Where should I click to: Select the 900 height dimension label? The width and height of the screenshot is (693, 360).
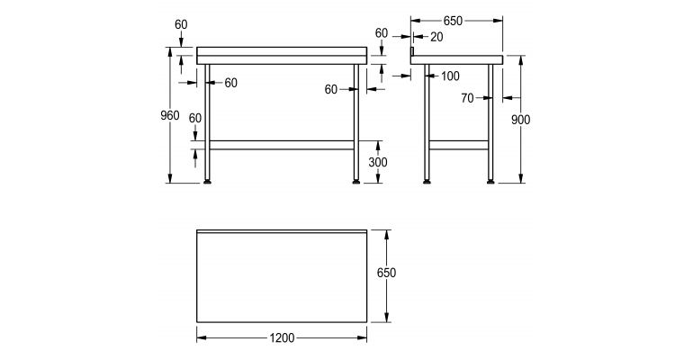point(520,120)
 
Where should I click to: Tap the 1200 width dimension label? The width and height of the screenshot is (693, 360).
point(281,338)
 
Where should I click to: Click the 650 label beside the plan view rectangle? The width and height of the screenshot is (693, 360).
point(386,273)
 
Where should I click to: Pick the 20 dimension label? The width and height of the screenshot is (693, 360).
point(436,37)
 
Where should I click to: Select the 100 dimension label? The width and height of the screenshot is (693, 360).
point(450,76)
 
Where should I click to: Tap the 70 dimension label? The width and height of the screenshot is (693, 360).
point(467,97)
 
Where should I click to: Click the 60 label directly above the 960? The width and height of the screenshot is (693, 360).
point(181,24)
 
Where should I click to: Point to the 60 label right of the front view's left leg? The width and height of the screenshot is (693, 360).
point(230,83)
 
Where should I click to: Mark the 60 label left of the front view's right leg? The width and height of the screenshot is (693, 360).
point(331,89)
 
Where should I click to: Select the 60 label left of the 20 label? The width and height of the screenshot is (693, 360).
point(382,32)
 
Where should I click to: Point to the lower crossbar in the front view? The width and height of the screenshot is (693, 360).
point(283,144)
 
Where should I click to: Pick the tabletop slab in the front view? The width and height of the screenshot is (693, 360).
point(283,55)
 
